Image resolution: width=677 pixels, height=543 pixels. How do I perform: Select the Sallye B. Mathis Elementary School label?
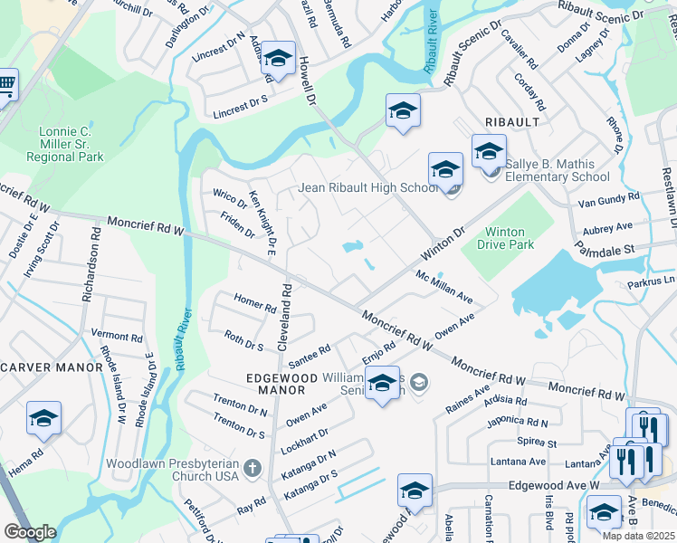pos(556,170)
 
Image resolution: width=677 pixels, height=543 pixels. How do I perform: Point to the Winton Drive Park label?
pos(510,238)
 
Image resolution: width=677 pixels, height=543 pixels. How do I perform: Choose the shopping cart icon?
pos(6,87)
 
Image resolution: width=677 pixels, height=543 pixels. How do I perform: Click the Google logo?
pos(30,532)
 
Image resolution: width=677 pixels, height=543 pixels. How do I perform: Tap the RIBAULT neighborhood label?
pos(512,122)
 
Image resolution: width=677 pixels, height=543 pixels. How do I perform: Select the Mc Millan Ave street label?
pos(444,286)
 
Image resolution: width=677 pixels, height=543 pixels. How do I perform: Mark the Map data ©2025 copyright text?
pos(639,536)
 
